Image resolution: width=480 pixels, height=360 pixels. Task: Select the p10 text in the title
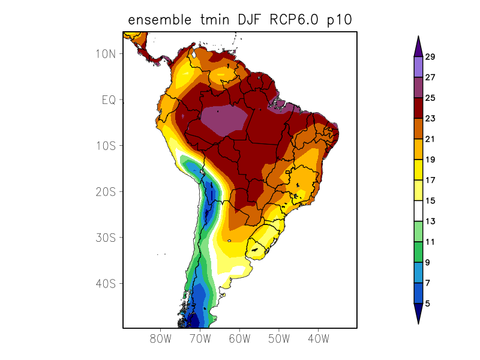click(339, 20)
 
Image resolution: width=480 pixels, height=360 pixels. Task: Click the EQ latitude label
click(108, 100)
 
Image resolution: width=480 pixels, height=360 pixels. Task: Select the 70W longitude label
click(200, 338)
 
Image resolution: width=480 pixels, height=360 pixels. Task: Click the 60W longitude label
click(239, 338)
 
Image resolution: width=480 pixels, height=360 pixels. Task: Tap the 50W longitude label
click(278, 338)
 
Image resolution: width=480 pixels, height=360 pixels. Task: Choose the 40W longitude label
click(318, 338)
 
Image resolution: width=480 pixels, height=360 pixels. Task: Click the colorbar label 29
click(430, 57)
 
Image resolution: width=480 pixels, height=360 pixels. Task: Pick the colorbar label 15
click(430, 201)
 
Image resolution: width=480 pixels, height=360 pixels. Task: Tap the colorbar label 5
click(427, 304)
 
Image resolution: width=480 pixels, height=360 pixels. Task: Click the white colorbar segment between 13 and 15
click(418, 211)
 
